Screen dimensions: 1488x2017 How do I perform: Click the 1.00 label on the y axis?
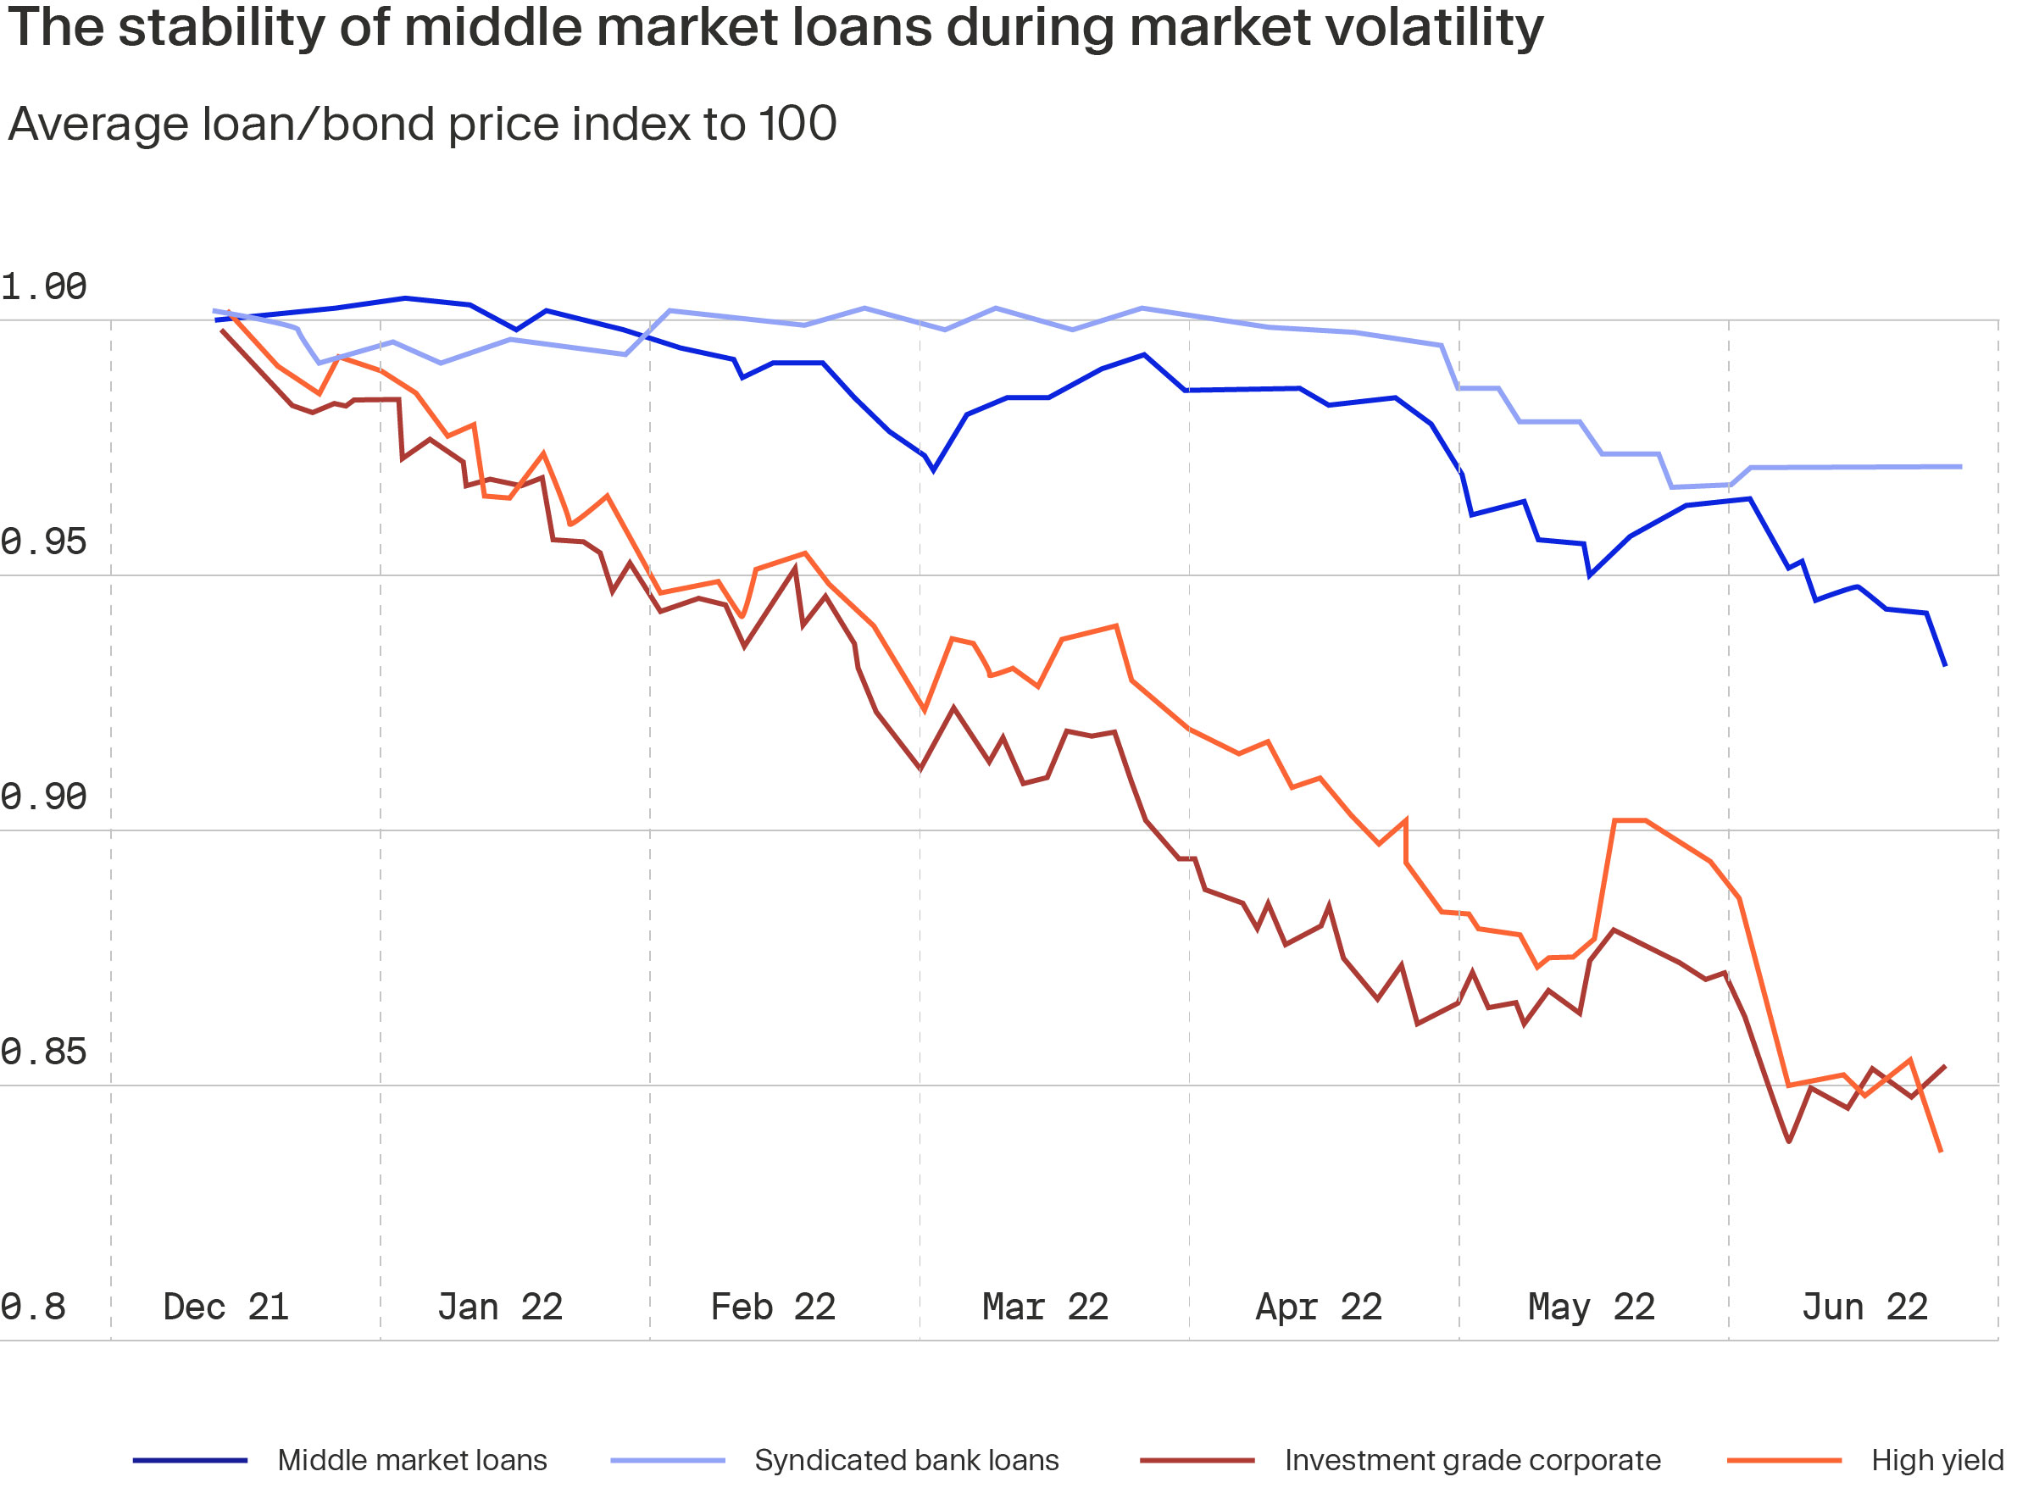point(43,287)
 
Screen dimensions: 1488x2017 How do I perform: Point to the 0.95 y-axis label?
point(43,542)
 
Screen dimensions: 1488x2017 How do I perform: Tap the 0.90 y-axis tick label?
point(43,797)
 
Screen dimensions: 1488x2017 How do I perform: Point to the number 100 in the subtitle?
point(798,124)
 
